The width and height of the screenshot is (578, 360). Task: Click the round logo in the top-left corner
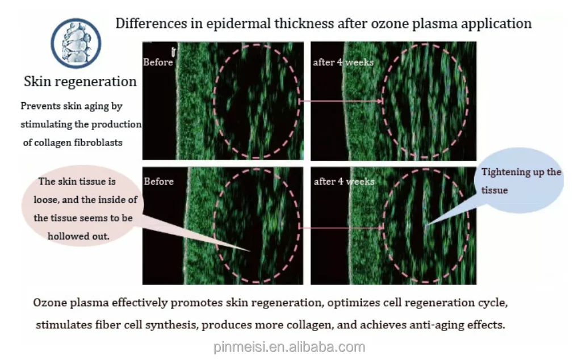[76, 43]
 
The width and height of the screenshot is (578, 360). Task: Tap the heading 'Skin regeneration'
[80, 81]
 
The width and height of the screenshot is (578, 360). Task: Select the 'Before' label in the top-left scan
[158, 62]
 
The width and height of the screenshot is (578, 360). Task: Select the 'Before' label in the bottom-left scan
[158, 182]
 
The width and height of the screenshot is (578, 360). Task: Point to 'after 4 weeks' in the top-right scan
[343, 62]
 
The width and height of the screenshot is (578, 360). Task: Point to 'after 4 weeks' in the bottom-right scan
[344, 182]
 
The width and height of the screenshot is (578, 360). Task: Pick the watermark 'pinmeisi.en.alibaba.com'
[289, 347]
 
